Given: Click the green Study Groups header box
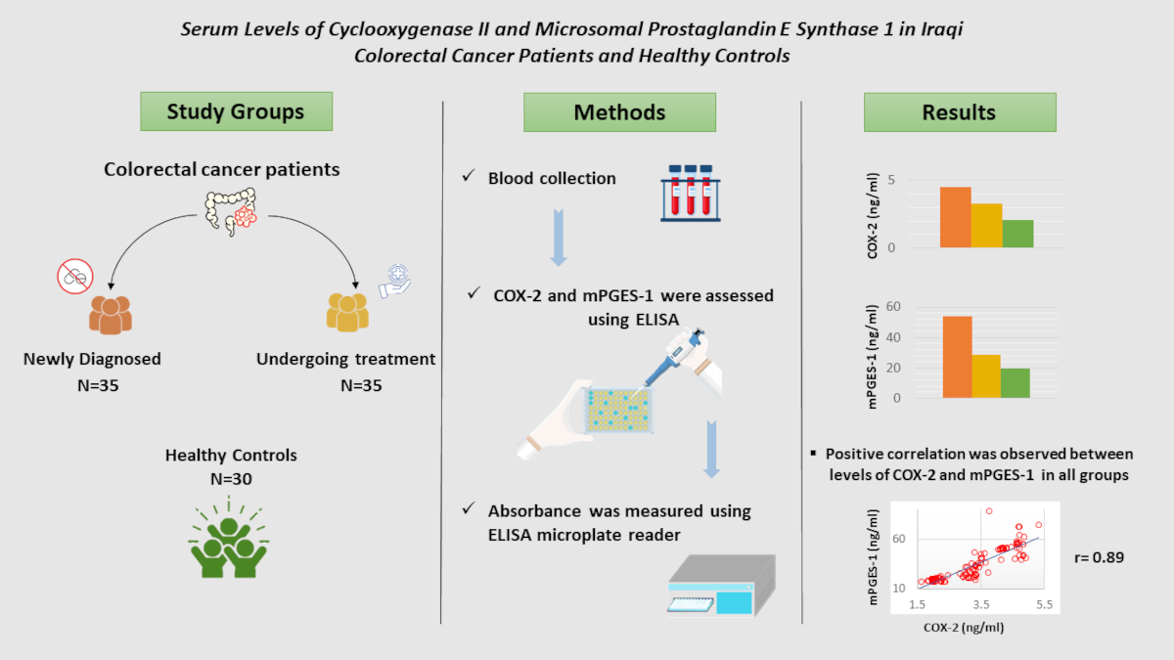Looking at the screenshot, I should point(236,111).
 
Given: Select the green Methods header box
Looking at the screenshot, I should point(619,112).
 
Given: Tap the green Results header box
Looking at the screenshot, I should point(959,112).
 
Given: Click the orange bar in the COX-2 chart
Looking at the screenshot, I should point(956,217).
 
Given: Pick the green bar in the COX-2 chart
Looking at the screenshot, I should point(1017,234).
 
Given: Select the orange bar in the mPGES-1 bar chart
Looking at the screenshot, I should point(958,357).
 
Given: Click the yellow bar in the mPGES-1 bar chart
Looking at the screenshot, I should point(987,375).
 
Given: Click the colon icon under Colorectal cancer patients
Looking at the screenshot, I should point(231,210).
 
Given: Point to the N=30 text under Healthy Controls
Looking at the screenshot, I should point(231,478).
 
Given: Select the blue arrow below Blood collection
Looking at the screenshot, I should point(559,237).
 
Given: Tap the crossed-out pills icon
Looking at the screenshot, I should point(75,278).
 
